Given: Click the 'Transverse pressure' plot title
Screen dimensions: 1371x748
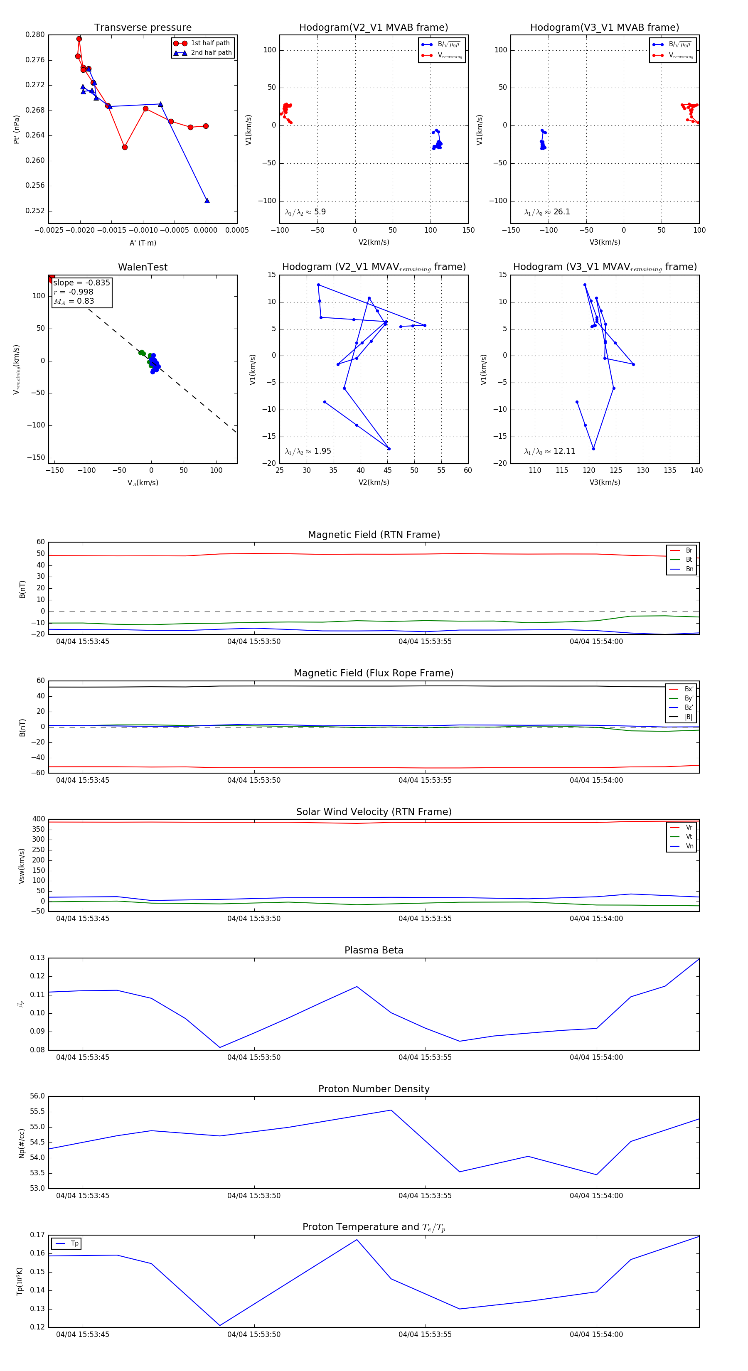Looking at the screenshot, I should click(143, 28).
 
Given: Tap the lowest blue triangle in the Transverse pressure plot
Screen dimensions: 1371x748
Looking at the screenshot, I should click(207, 201).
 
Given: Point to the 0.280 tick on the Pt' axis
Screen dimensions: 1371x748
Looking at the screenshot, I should click(35, 34).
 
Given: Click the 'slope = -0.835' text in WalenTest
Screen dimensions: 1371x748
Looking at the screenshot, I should click(81, 283).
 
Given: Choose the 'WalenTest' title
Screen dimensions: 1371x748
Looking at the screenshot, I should click(143, 267).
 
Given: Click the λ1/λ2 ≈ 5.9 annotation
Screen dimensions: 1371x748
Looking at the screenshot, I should click(305, 212).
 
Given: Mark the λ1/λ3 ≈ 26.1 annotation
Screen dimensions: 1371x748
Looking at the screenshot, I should click(547, 212).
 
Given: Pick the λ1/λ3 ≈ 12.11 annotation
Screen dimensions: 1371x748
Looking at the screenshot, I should click(549, 451).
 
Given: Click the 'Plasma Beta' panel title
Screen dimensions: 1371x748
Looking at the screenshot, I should click(374, 950).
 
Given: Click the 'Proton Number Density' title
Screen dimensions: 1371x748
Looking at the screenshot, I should click(374, 1089).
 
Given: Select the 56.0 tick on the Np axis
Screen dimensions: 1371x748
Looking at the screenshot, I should click(37, 1096).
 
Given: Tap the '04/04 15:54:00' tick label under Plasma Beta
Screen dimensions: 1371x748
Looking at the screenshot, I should click(596, 1057).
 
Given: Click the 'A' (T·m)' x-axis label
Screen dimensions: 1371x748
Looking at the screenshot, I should click(143, 243).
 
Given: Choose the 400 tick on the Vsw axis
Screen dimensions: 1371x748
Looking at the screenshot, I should click(38, 819).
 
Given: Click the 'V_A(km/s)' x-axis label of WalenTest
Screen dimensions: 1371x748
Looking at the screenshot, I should click(143, 483).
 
